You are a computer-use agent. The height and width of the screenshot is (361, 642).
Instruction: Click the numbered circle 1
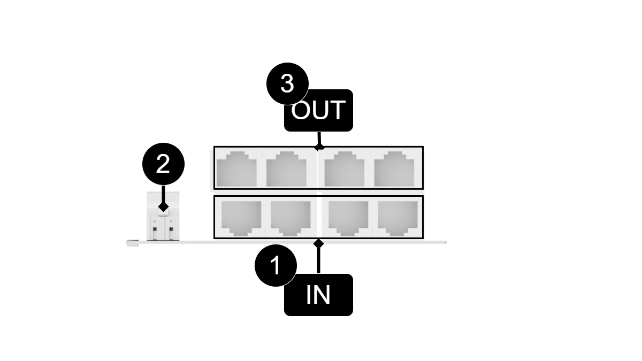[x=276, y=266]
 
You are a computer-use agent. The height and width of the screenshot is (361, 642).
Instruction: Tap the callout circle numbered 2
[x=163, y=164]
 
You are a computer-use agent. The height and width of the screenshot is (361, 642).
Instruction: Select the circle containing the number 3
[x=287, y=84]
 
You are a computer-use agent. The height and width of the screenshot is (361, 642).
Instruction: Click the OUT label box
[x=318, y=110]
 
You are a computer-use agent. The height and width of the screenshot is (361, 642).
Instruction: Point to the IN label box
[x=318, y=295]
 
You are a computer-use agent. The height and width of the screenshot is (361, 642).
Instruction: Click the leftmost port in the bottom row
[x=241, y=217]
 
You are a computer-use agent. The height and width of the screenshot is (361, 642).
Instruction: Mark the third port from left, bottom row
[x=348, y=217]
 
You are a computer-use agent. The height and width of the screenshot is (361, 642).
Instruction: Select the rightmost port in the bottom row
[x=398, y=217]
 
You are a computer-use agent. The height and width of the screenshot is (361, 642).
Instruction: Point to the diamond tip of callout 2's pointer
[x=163, y=206]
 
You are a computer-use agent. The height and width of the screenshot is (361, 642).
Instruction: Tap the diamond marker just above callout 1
[x=319, y=243]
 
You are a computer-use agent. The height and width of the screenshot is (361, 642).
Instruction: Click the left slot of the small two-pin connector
[x=155, y=231]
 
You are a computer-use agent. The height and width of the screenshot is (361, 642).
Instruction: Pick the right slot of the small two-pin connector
[x=172, y=231]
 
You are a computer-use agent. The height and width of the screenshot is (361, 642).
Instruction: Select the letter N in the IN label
[x=323, y=295]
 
